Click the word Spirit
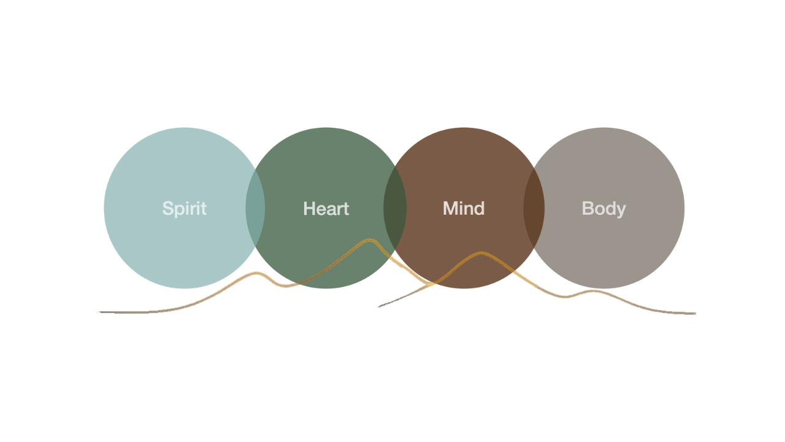pyautogui.click(x=184, y=209)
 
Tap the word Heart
pyautogui.click(x=326, y=209)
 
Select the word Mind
pyautogui.click(x=464, y=209)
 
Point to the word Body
pyautogui.click(x=603, y=209)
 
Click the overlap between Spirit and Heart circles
pyautogui.click(x=256, y=209)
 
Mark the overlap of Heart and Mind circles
pyautogui.click(x=395, y=209)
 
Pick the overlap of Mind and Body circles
pyautogui.click(x=534, y=209)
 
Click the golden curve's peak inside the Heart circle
pyautogui.click(x=369, y=240)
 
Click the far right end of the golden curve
pyautogui.click(x=694, y=313)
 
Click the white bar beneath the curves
pyautogui.click(x=429, y=355)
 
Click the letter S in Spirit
pyautogui.click(x=167, y=209)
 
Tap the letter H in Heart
pyautogui.click(x=309, y=209)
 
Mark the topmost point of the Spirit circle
pyautogui.click(x=183, y=127)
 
